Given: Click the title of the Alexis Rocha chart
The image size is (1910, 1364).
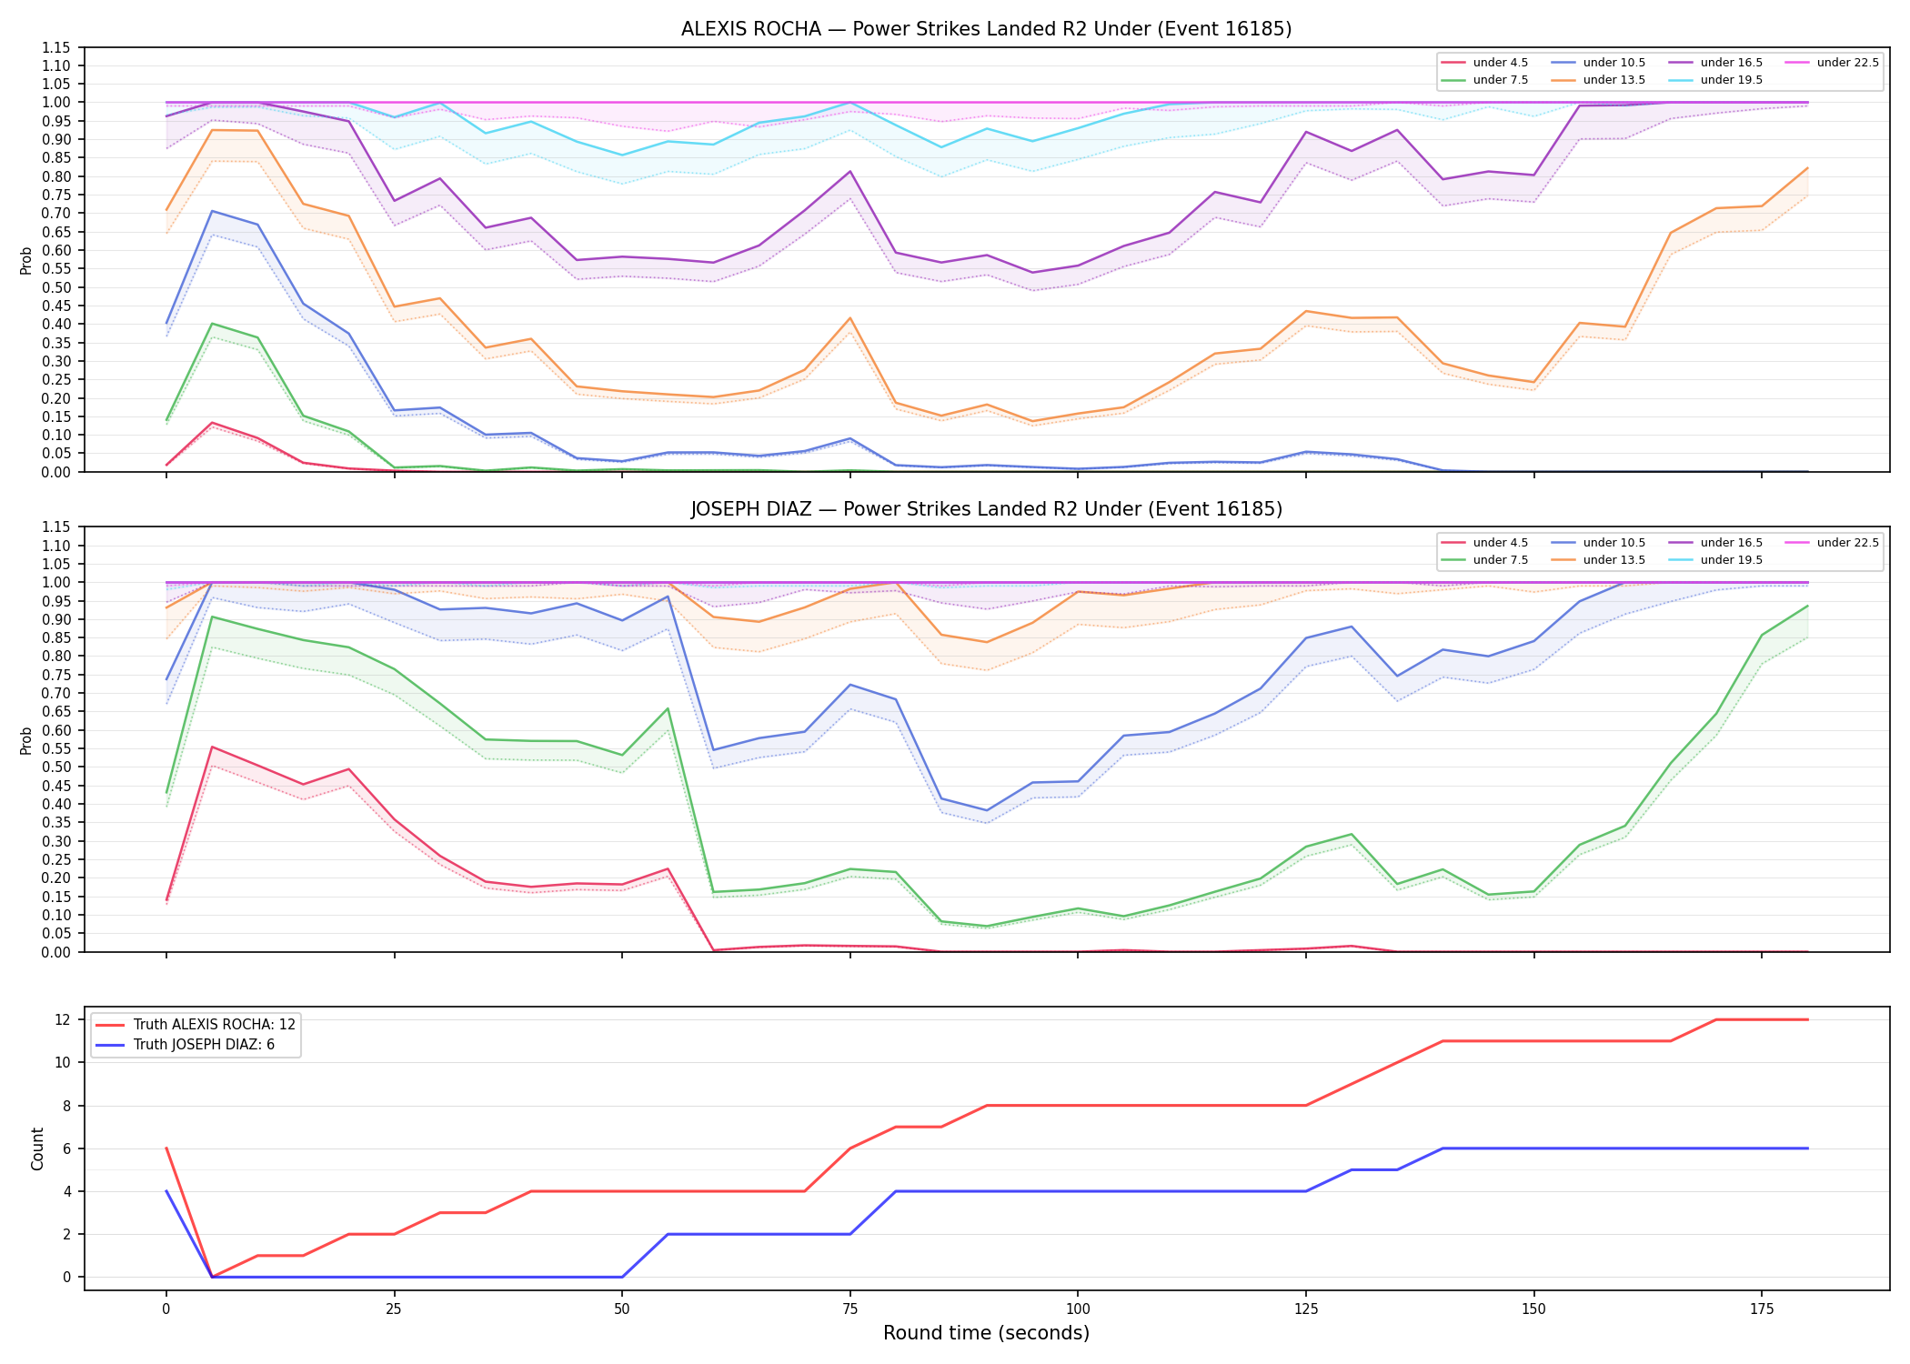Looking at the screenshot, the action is click(986, 29).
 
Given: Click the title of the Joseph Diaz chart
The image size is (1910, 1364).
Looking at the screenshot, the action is click(986, 509).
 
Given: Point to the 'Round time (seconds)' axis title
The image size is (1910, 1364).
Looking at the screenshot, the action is click(986, 1333).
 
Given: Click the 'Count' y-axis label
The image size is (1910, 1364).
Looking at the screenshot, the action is click(37, 1148).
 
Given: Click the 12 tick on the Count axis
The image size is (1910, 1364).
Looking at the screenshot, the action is click(63, 1019).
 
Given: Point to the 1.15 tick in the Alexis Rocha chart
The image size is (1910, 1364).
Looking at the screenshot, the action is click(56, 47).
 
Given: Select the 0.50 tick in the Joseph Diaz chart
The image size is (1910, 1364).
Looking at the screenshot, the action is click(56, 767).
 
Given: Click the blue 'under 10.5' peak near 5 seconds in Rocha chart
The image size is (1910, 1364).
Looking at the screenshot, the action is click(212, 211).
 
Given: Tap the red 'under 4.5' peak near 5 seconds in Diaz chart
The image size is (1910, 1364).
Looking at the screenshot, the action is click(212, 747).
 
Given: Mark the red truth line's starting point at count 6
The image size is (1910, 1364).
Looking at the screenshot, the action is click(166, 1148).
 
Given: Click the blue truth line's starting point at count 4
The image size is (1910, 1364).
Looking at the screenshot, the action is click(166, 1191).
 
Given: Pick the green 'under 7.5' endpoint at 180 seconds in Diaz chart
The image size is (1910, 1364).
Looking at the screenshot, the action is click(1807, 606).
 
